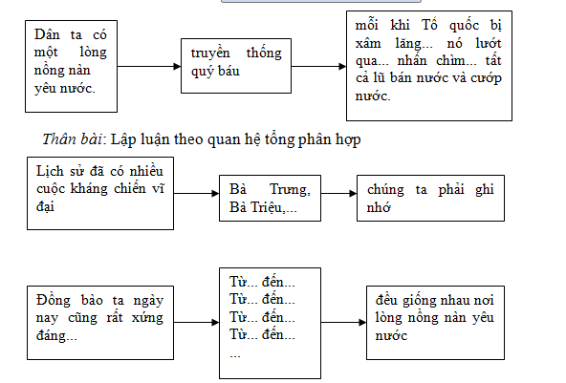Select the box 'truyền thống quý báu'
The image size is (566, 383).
click(237, 66)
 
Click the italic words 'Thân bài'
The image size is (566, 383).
click(73, 139)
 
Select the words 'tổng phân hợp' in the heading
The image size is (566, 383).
click(326, 139)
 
